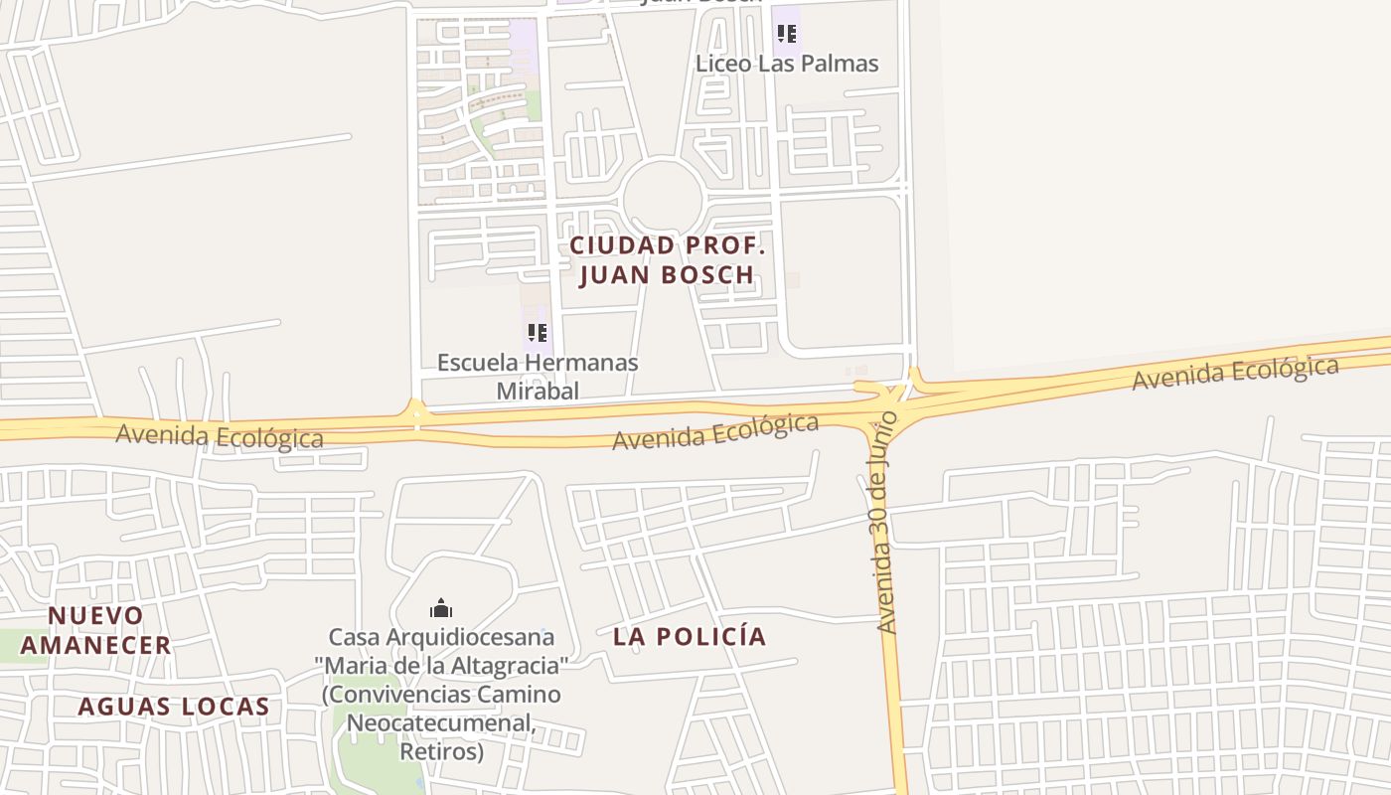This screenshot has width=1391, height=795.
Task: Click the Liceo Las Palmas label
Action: pyautogui.click(x=787, y=64)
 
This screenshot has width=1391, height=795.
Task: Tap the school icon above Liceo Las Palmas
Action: pyautogui.click(x=787, y=35)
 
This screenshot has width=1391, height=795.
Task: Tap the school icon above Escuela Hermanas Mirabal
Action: pyautogui.click(x=538, y=332)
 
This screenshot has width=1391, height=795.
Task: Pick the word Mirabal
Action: pyautogui.click(x=538, y=391)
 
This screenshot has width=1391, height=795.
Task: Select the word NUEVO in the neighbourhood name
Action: pyautogui.click(x=96, y=616)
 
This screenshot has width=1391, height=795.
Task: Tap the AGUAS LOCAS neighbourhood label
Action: pyautogui.click(x=174, y=707)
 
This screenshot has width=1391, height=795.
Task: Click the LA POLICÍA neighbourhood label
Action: pyautogui.click(x=690, y=637)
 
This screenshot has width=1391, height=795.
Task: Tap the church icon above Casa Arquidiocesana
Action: pyautogui.click(x=441, y=608)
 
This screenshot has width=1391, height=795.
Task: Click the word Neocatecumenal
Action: pyautogui.click(x=441, y=722)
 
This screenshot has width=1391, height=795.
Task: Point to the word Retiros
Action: pyautogui.click(x=441, y=750)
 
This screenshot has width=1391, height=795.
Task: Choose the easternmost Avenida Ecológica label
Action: pyautogui.click(x=1235, y=373)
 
